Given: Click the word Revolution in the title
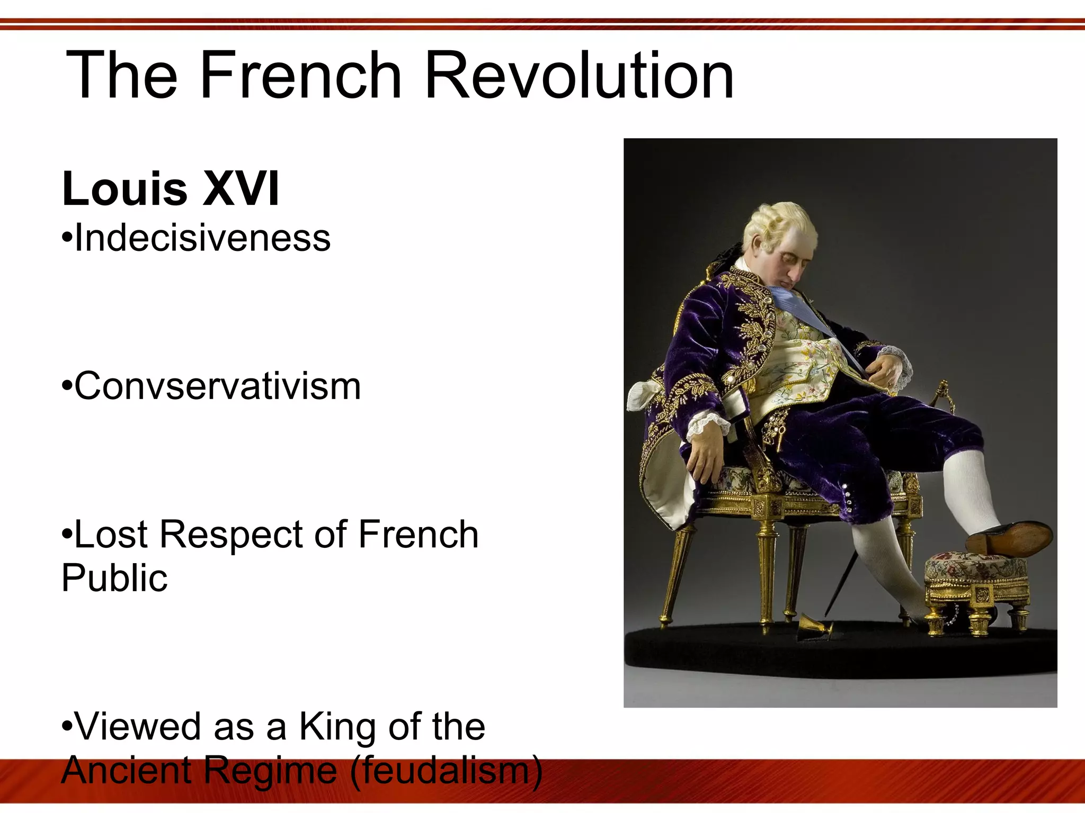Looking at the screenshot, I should pos(579,75).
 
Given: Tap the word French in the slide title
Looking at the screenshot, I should pos(300,75).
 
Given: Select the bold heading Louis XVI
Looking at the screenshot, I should pos(171,189).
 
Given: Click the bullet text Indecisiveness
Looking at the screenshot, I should pos(202,238).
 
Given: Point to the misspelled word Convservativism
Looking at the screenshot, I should pos(217,386).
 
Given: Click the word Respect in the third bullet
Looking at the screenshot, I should pos(231,535).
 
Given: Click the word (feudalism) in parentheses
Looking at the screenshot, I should pos(446,770).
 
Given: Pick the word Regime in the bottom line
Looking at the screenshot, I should pos(270,770).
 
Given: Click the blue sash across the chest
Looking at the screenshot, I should pos(800,307).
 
